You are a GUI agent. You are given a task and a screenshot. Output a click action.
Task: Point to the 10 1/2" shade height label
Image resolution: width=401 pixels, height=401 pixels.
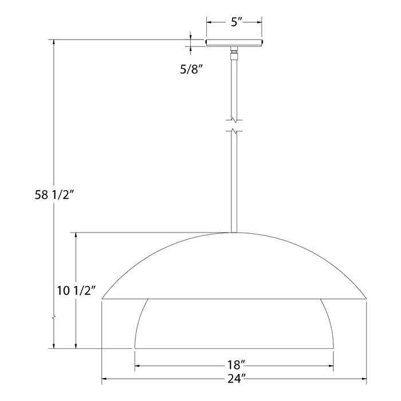(x=76, y=290)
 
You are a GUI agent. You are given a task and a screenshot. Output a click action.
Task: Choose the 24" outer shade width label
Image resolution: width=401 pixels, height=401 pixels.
(x=234, y=378)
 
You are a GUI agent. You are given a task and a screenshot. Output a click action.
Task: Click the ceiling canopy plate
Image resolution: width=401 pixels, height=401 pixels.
(x=234, y=42)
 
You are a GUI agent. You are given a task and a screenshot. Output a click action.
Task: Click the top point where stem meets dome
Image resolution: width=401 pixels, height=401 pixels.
(x=234, y=233)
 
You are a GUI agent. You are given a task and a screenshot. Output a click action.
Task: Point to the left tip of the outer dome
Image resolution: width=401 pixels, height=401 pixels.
(x=103, y=298)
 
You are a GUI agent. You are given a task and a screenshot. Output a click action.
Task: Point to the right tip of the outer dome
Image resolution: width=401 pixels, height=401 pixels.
(x=366, y=298)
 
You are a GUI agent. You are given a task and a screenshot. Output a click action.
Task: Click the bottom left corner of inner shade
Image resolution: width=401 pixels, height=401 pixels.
(x=135, y=348)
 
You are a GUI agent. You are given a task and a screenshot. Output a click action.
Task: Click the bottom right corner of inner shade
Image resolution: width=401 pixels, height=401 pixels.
(x=333, y=348)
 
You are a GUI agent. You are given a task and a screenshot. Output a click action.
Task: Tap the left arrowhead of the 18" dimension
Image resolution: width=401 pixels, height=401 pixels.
(x=138, y=366)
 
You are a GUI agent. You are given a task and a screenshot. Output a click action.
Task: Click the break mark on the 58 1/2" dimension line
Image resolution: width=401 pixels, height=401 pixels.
(x=54, y=316)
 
